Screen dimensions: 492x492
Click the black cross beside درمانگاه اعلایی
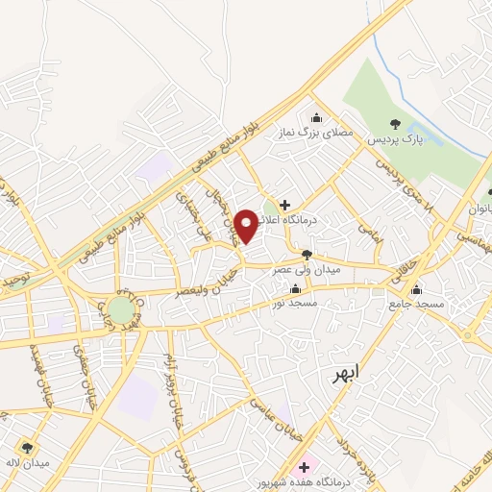tap(284, 204)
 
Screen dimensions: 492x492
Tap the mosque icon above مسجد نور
tap(295, 288)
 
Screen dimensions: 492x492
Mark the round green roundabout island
tap(121, 310)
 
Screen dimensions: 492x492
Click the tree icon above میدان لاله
tap(27, 447)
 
